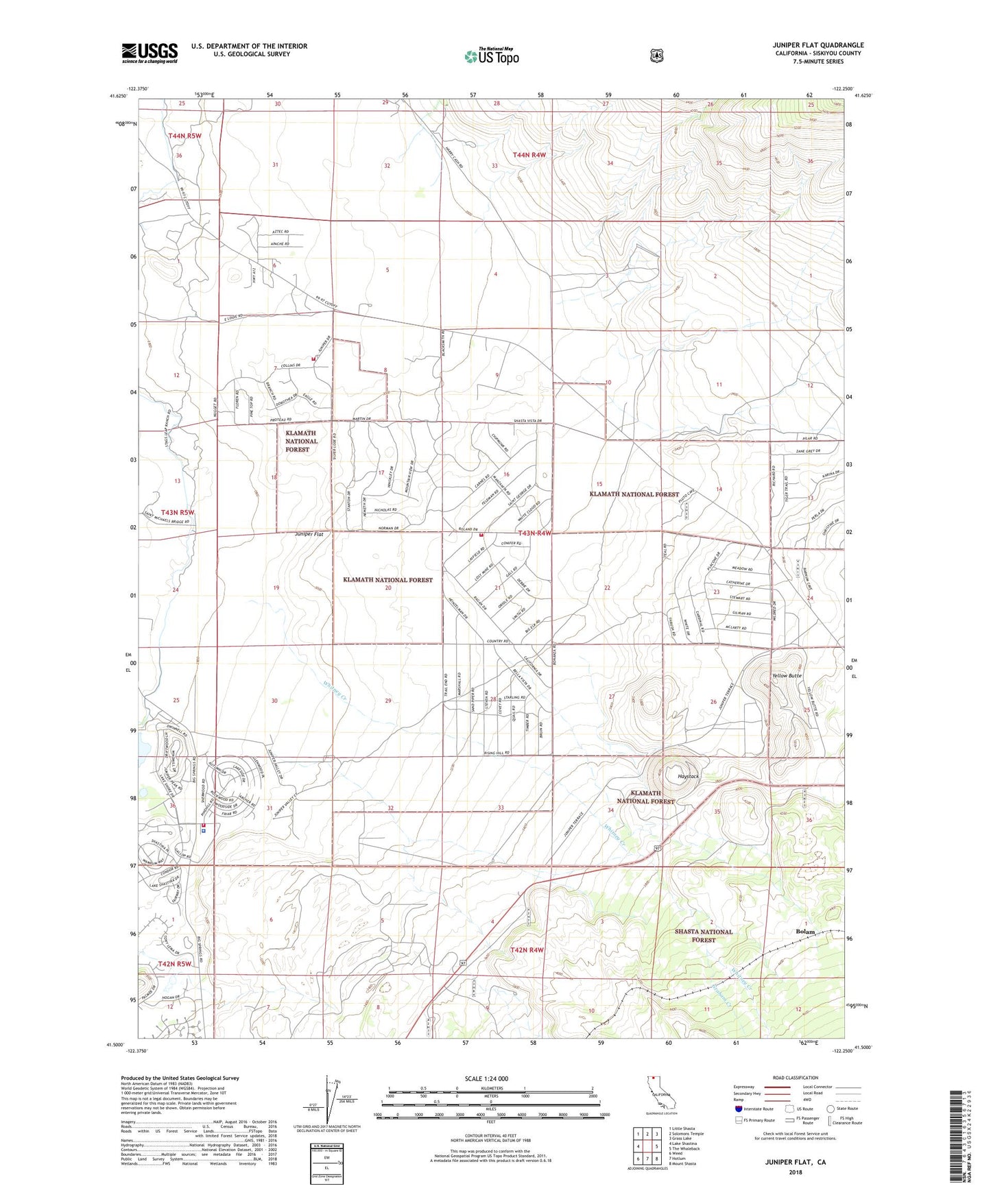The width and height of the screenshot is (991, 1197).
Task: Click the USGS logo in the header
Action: (x=150, y=53)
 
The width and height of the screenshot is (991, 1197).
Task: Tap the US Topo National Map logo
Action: (x=491, y=56)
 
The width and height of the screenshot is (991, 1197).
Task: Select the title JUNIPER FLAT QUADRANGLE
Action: (x=817, y=45)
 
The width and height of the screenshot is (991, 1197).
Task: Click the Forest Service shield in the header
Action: (x=656, y=56)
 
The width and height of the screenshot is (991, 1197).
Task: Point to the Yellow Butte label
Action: (x=786, y=676)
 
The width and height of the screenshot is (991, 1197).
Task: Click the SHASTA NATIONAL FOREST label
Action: (x=703, y=936)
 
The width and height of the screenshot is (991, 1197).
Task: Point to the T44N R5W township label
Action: (x=184, y=136)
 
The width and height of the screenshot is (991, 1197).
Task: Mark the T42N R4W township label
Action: (x=527, y=950)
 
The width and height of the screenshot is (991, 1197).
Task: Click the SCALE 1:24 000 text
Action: (x=486, y=1078)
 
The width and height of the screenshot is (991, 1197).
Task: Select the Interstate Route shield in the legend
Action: (x=738, y=1109)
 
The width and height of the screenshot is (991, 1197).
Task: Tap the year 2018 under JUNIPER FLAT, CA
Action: (x=795, y=1172)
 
